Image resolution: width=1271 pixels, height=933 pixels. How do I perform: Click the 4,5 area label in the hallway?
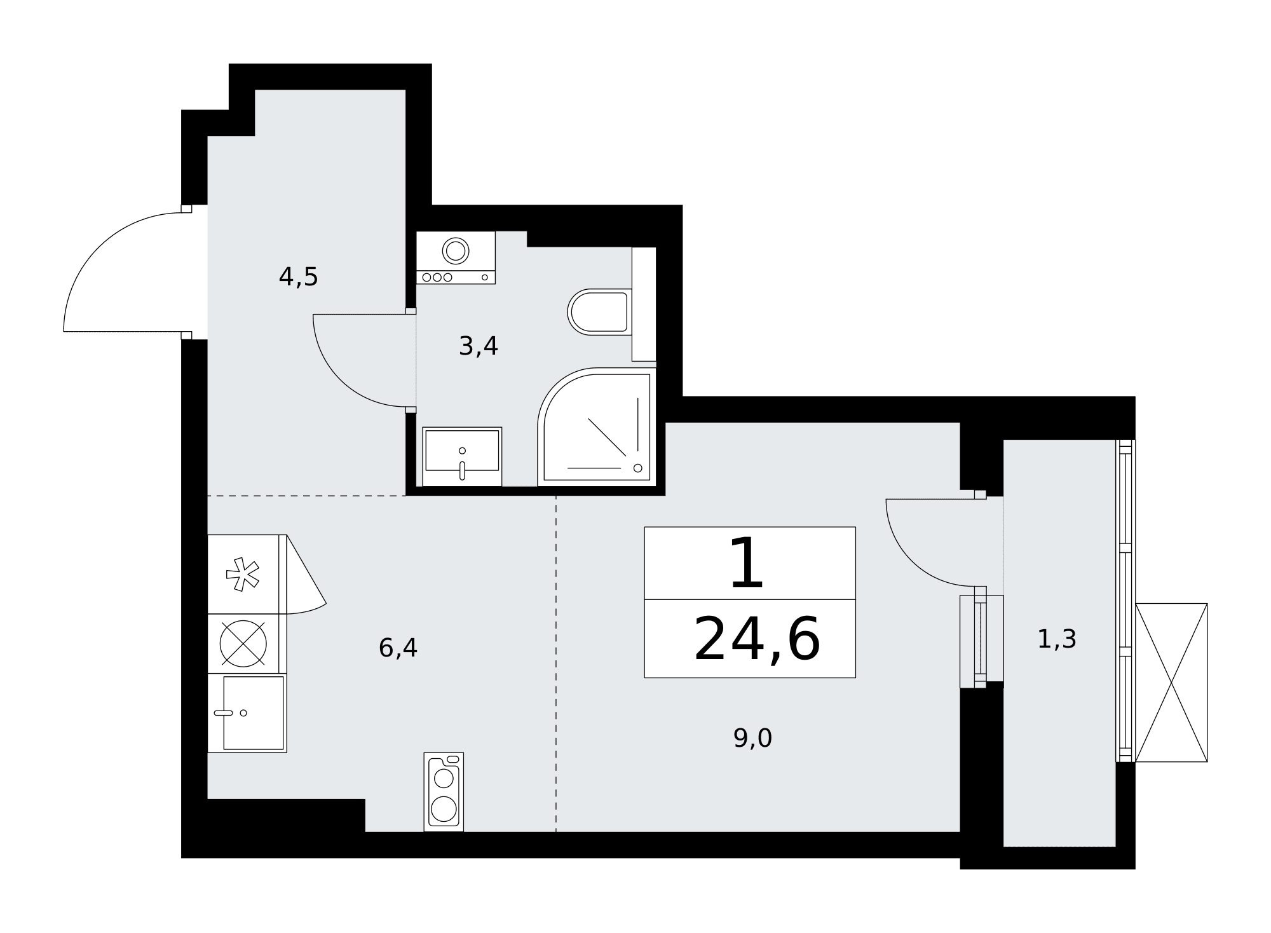click(298, 277)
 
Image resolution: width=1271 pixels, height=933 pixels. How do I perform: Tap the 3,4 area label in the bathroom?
click(478, 346)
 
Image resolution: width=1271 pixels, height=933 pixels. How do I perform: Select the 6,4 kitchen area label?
click(398, 648)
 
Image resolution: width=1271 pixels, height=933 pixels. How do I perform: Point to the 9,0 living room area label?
click(752, 739)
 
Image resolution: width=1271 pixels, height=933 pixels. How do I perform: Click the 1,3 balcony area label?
click(1057, 639)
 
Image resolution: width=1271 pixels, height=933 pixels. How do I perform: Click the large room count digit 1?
click(746, 563)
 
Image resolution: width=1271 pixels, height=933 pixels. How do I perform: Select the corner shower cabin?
click(597, 427)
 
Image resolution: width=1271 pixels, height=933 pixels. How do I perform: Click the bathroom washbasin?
click(462, 456)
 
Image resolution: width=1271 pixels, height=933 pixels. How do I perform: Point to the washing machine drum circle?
click(456, 251)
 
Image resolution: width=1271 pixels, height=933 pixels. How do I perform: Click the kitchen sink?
click(253, 713)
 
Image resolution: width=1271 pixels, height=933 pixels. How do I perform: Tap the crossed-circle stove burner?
click(243, 643)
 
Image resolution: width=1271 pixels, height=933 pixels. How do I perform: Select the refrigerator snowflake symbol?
click(243, 574)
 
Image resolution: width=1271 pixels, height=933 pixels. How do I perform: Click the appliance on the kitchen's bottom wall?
click(444, 792)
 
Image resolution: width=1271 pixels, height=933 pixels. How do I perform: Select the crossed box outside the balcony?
click(1171, 683)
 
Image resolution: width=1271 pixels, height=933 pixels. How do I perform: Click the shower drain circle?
click(638, 468)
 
